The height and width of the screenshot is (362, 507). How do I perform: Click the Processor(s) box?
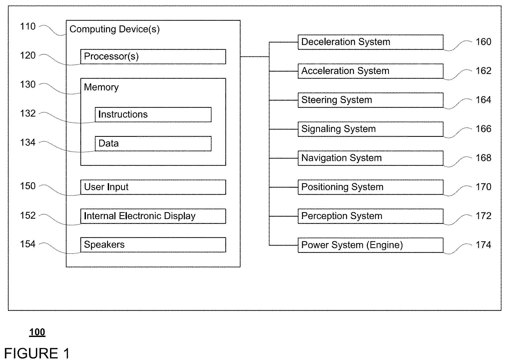(153, 56)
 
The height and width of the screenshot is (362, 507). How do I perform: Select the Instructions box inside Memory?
(153, 114)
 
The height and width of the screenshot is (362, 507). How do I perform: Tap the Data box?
(153, 143)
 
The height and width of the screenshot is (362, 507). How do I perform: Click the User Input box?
(153, 187)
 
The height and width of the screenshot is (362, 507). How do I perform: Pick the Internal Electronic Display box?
(153, 216)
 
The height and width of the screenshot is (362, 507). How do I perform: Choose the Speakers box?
(153, 245)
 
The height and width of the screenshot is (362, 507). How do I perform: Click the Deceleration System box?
(371, 42)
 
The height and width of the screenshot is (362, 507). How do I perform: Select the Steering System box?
(371, 100)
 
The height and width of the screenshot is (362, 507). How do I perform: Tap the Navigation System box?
(371, 158)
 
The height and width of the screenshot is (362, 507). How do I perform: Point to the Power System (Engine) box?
(371, 245)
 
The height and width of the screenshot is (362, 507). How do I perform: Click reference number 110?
(28, 26)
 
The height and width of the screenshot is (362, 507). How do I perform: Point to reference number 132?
(28, 113)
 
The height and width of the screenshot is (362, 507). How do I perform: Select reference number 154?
(28, 244)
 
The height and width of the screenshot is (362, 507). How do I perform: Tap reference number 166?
(483, 129)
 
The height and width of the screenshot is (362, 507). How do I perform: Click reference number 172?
(483, 216)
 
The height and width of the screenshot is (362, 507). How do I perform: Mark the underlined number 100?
(37, 332)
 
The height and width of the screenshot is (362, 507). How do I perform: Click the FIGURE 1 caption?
(37, 353)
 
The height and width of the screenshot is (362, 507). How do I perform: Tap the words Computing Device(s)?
(115, 29)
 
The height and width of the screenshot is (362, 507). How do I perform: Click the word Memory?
(101, 87)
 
